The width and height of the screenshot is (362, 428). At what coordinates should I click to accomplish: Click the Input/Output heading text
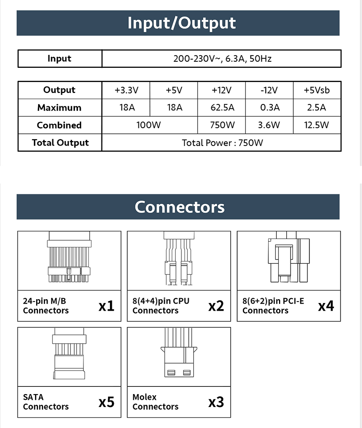coord(182,23)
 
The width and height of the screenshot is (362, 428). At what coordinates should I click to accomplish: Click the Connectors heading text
coord(179,207)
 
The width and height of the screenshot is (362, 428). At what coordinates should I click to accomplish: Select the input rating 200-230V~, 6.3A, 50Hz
coord(222,59)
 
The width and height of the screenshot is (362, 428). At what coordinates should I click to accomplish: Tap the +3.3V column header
coord(126,90)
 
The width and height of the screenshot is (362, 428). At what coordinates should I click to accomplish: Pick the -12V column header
coord(269,90)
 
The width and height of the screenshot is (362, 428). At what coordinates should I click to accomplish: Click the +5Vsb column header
coord(317,90)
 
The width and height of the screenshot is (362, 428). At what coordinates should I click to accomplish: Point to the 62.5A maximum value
coord(222,108)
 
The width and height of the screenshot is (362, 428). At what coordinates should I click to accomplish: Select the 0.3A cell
coord(270,108)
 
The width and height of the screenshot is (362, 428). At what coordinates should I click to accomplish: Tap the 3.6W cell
coord(269,125)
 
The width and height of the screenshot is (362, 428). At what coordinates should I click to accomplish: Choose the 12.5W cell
coord(317,125)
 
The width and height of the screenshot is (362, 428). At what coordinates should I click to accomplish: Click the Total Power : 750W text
coord(222,143)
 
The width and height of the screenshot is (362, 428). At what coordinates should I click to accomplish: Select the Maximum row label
coord(59,108)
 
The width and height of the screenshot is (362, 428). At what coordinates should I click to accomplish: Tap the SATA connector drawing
coord(69,357)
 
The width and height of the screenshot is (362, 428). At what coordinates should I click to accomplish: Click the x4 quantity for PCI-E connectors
coord(326,306)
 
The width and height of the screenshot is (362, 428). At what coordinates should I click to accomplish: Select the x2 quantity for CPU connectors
coord(216,306)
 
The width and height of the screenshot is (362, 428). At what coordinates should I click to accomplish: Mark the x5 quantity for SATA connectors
coord(106,402)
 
